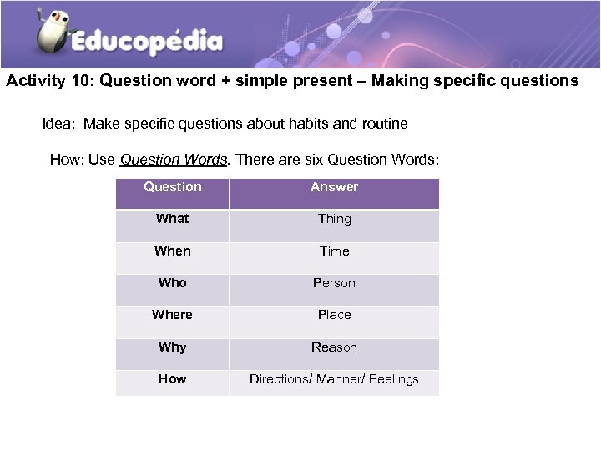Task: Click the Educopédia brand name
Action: (146, 42)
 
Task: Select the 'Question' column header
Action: (173, 187)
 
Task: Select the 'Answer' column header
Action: (334, 187)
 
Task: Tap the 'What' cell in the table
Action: (173, 219)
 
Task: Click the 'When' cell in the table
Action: (173, 251)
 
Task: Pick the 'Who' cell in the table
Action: (173, 283)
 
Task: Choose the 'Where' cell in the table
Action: (173, 315)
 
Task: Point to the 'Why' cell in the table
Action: (173, 347)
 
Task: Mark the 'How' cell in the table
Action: (173, 379)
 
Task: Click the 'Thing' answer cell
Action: (334, 219)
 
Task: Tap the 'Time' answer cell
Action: (334, 251)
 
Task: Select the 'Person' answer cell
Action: (334, 283)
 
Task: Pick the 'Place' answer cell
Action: (334, 315)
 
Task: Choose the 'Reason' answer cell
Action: (334, 347)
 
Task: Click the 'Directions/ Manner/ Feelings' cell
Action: (334, 379)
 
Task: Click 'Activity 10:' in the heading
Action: (49, 81)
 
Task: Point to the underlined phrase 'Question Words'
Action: (174, 160)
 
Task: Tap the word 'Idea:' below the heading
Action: (59, 124)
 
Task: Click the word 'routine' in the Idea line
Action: (384, 124)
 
